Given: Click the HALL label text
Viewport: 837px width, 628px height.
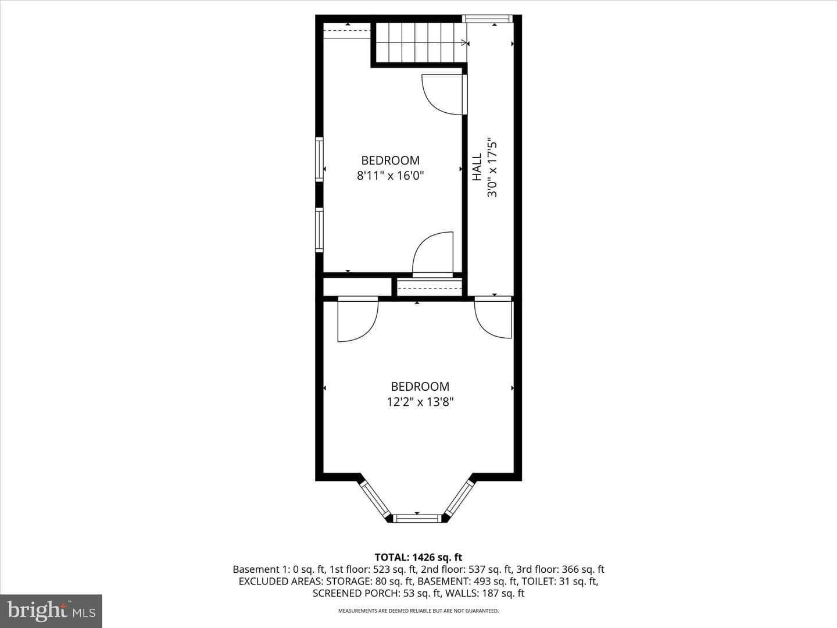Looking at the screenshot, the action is (477, 167).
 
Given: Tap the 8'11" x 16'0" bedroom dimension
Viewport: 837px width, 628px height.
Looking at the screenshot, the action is (391, 176).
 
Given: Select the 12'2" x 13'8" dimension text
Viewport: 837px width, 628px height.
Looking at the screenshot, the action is (420, 402).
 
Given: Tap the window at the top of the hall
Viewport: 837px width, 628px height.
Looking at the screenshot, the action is (487, 19).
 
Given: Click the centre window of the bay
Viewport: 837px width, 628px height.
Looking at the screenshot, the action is (417, 518).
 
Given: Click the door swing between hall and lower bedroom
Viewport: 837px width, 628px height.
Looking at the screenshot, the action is (493, 318).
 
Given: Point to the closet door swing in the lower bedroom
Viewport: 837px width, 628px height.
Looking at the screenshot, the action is (357, 319).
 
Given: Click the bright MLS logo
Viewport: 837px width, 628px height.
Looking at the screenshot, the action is (51, 611).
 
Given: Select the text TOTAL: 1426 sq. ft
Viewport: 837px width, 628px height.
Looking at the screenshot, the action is (419, 558).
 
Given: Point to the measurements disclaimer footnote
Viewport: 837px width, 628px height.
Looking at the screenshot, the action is (419, 611).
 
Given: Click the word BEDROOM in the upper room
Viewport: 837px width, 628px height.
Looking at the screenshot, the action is (391, 160).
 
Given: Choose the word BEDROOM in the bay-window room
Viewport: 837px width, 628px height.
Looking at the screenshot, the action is (420, 386).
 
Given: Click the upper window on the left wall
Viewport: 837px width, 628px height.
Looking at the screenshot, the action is (319, 159).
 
